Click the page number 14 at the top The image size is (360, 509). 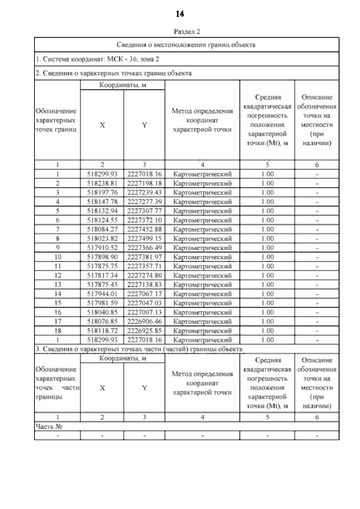(x=180, y=13)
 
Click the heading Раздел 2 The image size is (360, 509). (x=180, y=32)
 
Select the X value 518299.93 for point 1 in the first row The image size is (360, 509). (x=102, y=174)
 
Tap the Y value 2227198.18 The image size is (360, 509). (x=145, y=183)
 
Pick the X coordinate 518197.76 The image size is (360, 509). (x=102, y=192)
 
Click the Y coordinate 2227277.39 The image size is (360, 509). (x=145, y=201)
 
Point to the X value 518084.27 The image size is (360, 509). (x=102, y=229)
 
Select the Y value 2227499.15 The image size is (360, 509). (x=145, y=238)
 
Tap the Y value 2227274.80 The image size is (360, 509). (x=145, y=275)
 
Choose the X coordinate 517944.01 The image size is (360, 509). (x=102, y=293)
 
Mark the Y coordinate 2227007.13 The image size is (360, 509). (x=145, y=312)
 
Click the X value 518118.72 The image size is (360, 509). (x=102, y=330)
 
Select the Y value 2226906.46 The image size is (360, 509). (x=145, y=321)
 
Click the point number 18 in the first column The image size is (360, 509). (x=57, y=330)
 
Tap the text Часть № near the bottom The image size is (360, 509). (x=49, y=426)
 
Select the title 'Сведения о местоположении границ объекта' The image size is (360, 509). (x=186, y=44)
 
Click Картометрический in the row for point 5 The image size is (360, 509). (x=202, y=211)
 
